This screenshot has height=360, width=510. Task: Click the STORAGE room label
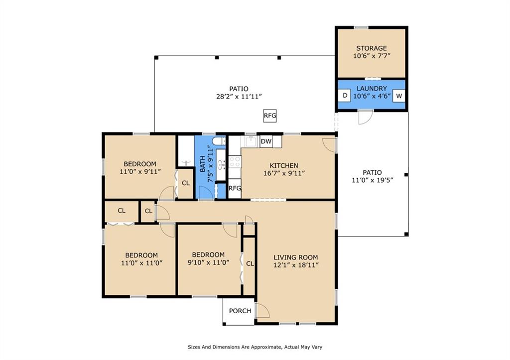[x=372, y=48]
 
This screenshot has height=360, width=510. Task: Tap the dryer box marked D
[x=345, y=96]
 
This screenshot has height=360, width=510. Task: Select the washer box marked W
[x=399, y=96]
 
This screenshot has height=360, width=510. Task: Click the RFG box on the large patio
[x=270, y=116]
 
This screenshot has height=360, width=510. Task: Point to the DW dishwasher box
[x=266, y=141]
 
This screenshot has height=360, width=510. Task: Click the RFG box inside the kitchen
[x=235, y=188]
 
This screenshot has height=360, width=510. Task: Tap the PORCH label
[x=240, y=311]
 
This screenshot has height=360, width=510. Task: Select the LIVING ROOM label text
[x=296, y=257]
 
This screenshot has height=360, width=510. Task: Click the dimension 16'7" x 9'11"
[x=284, y=173]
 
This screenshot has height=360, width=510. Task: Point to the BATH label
[x=202, y=164]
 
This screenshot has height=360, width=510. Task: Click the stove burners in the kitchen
[x=235, y=162]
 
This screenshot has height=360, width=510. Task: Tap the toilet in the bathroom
[x=219, y=141]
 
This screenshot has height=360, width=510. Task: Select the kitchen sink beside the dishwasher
[x=251, y=142]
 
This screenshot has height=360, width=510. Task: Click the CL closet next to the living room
[x=250, y=264]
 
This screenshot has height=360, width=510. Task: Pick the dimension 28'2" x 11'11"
[x=239, y=97]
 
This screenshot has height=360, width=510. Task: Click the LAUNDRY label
[x=372, y=89]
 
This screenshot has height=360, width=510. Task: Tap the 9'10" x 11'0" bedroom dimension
[x=209, y=262]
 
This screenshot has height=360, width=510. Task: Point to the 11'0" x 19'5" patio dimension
[x=373, y=180]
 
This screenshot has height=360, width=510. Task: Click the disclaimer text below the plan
[x=255, y=347]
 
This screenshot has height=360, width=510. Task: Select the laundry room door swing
[x=365, y=118]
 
